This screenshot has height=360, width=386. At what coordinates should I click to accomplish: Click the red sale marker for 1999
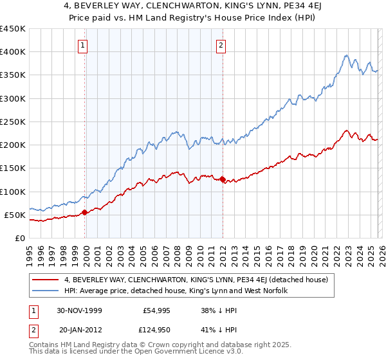[85, 212]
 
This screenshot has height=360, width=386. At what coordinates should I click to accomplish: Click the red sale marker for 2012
[223, 180]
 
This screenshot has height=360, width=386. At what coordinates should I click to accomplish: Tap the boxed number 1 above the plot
[84, 45]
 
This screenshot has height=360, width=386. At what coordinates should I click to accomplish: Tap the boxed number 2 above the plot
[221, 45]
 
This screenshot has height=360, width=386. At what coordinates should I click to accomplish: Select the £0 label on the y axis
[19, 238]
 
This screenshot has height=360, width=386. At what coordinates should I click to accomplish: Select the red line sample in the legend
[46, 280]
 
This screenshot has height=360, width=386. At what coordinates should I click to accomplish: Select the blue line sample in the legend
[46, 291]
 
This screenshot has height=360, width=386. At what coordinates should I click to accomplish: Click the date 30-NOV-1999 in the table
[80, 311]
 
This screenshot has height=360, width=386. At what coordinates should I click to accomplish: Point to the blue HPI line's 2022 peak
[346, 55]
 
